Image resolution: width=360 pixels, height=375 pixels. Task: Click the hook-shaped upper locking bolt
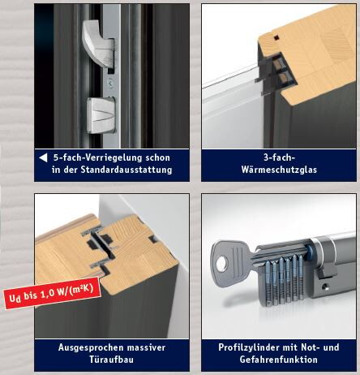click(x=97, y=43)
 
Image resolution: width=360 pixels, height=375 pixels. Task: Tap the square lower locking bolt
click(x=101, y=115)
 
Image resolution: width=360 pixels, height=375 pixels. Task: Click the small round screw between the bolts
click(x=110, y=82)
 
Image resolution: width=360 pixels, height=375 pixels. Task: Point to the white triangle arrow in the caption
click(x=43, y=157)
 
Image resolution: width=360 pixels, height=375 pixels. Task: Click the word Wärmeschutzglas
click(x=279, y=170)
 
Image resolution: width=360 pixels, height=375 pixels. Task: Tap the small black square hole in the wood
click(x=276, y=37)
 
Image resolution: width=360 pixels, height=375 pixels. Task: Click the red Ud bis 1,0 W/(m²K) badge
click(x=52, y=293)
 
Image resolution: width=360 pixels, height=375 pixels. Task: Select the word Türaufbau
click(x=112, y=360)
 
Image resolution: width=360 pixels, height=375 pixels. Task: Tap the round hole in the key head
click(x=221, y=264)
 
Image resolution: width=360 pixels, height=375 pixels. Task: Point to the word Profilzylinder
click(x=247, y=347)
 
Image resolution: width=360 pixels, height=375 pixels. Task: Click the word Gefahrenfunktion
click(x=279, y=360)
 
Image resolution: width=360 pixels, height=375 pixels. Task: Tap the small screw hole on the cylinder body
click(x=325, y=286)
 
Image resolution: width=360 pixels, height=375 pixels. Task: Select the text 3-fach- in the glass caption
click(x=279, y=157)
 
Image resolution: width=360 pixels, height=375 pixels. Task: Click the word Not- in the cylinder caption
click(x=310, y=347)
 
